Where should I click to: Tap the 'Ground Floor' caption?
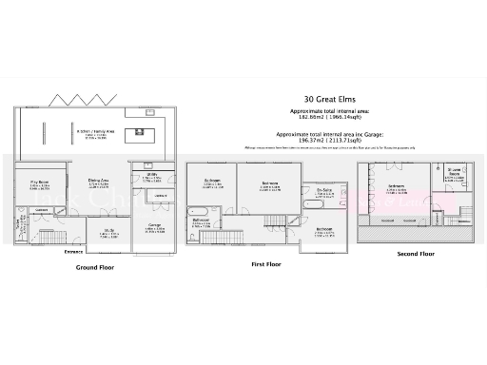pyautogui.click(x=95, y=268)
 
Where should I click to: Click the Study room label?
pyautogui.click(x=108, y=234)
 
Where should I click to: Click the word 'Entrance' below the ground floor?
pyautogui.click(x=73, y=251)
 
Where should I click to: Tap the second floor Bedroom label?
pyautogui.click(x=397, y=188)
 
